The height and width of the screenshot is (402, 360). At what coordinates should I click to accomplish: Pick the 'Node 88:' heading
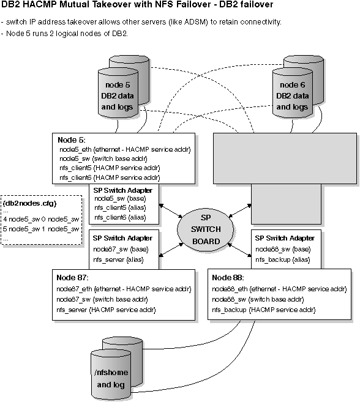tap(227, 277)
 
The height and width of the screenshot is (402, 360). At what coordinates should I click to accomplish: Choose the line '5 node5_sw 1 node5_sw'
tap(42, 229)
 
